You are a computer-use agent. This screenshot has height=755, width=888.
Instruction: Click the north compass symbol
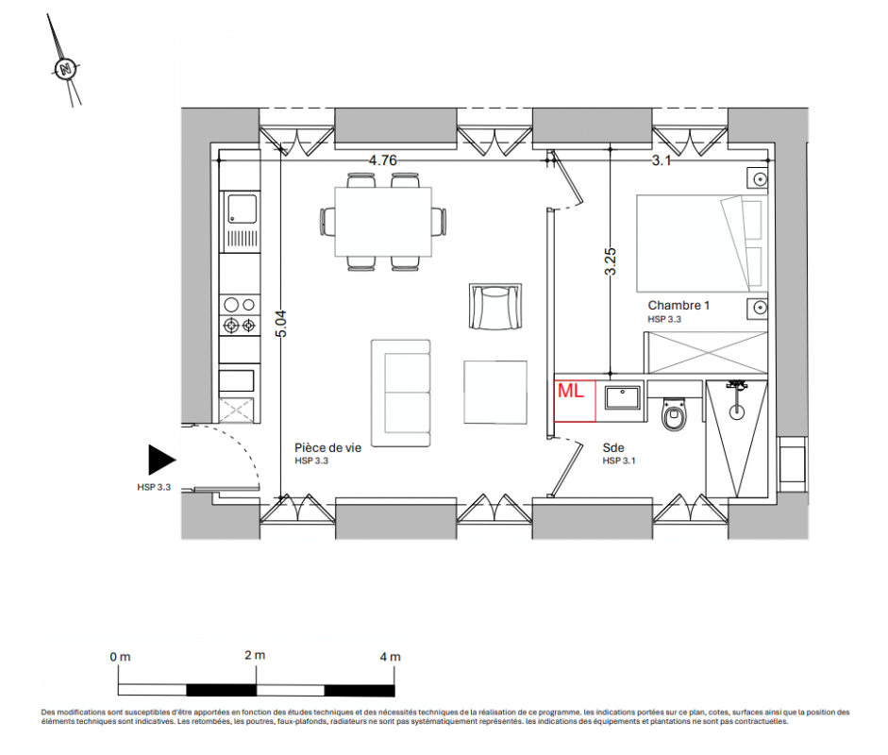[66, 69]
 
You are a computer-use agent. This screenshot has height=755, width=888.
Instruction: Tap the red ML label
[570, 391]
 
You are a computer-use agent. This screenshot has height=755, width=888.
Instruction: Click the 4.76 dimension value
[383, 160]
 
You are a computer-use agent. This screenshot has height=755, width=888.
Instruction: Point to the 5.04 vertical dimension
[281, 324]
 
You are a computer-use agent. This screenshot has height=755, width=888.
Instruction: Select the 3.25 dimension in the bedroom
[610, 261]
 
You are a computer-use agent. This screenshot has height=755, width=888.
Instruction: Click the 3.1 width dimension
[661, 160]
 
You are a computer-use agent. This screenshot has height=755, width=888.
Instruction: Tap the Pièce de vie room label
[327, 447]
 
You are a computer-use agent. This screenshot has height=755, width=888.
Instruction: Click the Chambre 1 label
[679, 305]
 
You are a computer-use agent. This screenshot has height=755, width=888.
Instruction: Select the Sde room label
[613, 447]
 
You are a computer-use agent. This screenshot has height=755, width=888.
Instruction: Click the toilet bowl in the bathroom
[674, 414]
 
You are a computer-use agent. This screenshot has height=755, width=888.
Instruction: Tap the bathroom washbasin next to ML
[623, 397]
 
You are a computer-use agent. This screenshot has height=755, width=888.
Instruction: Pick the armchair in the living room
[495, 307]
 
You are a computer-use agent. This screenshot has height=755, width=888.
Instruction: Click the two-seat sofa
[401, 394]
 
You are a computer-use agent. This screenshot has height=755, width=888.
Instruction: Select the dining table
[383, 222]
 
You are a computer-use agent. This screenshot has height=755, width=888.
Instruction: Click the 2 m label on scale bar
[255, 655]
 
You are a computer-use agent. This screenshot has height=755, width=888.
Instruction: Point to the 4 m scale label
[390, 657]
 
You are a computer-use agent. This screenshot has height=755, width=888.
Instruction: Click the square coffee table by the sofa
[495, 392]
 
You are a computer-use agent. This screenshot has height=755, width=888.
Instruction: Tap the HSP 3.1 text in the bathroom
[619, 461]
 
